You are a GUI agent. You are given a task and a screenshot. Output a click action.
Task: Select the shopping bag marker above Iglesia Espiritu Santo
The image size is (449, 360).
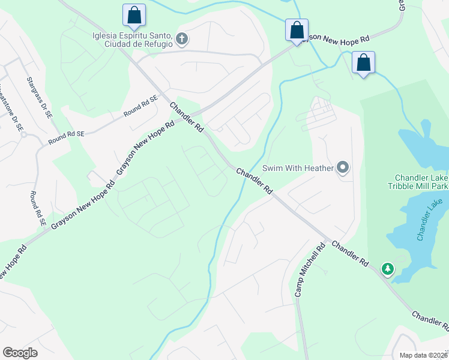[134, 15]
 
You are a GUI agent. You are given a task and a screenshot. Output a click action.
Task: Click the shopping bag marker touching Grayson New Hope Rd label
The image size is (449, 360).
[297, 29]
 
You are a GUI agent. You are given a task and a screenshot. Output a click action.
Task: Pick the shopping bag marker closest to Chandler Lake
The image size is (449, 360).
[363, 62]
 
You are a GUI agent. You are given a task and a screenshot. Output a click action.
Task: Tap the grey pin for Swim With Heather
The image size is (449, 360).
[343, 168]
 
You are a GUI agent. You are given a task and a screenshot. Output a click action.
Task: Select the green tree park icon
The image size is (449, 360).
[388, 268]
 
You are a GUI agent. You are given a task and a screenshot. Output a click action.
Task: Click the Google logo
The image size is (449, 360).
[20, 353]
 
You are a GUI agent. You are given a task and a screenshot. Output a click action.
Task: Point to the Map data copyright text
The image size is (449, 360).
[423, 355]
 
